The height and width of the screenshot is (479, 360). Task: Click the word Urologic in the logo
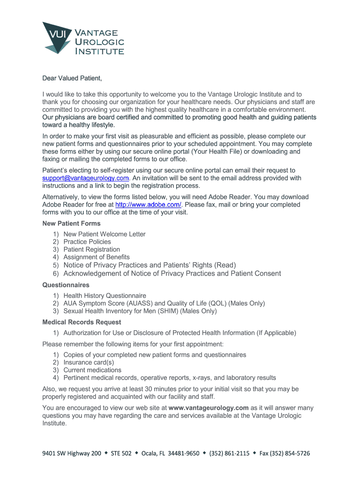(100, 42)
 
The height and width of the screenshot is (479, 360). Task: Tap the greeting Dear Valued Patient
(72, 78)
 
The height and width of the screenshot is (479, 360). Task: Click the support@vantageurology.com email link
(86, 178)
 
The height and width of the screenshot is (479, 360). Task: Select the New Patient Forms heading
(72, 224)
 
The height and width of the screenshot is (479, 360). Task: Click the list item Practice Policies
(87, 242)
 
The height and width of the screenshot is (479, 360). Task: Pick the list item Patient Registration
(92, 249)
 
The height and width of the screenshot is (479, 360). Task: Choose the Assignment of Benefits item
(96, 257)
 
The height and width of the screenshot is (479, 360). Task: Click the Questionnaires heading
(66, 285)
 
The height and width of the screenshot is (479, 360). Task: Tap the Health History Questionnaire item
(105, 296)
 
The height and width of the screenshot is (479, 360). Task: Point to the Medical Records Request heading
(82, 322)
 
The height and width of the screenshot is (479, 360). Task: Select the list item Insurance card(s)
(89, 363)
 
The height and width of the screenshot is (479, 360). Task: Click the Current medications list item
(92, 370)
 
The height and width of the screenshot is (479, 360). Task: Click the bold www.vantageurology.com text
(209, 408)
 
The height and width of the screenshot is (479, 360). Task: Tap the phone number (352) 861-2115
(229, 453)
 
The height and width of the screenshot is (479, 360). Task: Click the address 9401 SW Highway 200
(72, 453)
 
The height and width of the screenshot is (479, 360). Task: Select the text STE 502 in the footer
(121, 453)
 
